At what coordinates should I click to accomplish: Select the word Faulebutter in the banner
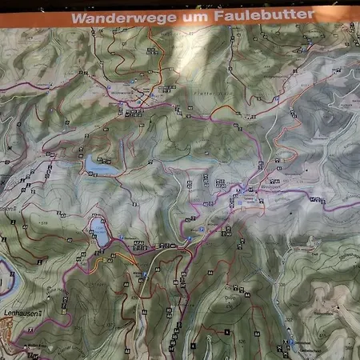[x=263, y=14]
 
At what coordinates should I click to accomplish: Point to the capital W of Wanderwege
[x=76, y=17]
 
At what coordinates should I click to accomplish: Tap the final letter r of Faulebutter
[x=312, y=14]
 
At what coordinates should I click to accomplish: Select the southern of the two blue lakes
[x=100, y=233]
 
